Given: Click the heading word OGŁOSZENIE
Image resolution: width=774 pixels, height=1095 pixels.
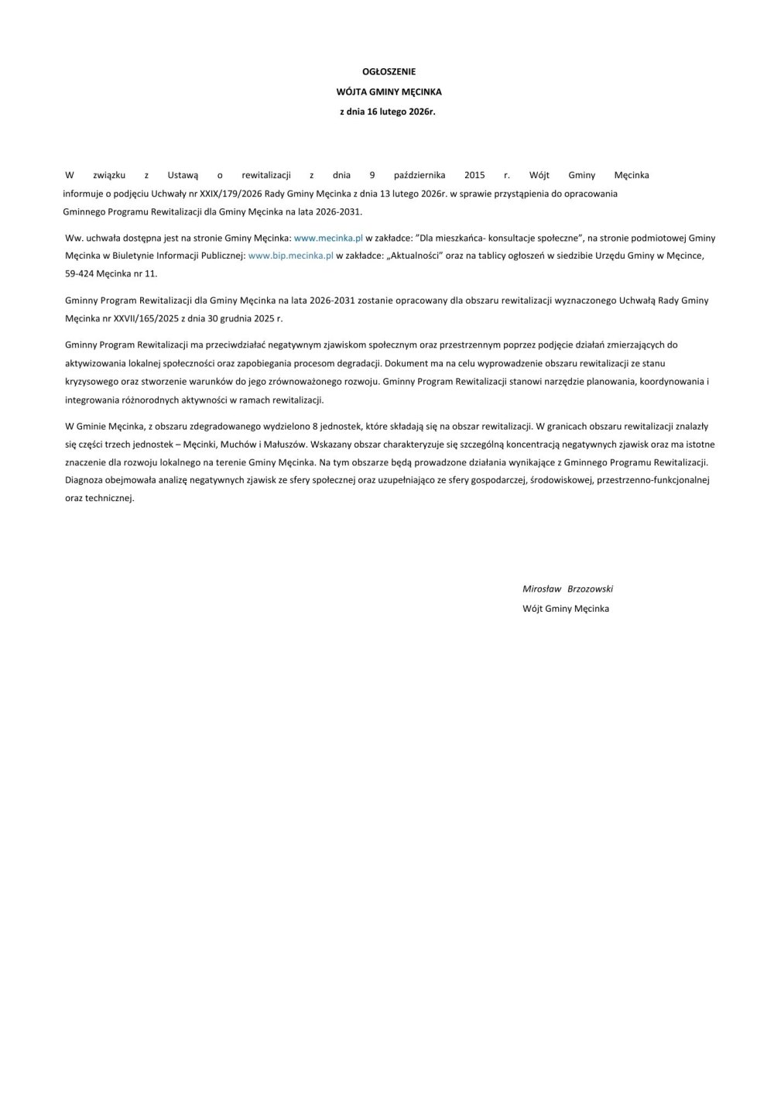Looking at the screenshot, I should click(389, 71).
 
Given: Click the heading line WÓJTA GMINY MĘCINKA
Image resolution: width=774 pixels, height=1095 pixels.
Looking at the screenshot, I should click(389, 91).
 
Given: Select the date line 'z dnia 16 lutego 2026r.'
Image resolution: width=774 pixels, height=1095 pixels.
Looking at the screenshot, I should click(389, 112).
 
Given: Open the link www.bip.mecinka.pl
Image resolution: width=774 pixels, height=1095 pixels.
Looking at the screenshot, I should click(291, 256).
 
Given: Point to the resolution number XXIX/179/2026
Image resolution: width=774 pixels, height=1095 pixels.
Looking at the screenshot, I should click(225, 193).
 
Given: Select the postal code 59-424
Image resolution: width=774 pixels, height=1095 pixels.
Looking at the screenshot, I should click(79, 273).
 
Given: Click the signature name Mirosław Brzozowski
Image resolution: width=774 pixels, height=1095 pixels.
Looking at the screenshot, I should click(567, 589).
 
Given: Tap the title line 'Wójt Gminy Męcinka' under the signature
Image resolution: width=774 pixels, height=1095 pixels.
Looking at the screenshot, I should click(566, 609).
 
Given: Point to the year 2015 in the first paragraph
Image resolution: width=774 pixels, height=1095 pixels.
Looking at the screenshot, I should click(474, 175).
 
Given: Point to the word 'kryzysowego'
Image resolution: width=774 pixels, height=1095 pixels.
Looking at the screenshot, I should click(90, 381).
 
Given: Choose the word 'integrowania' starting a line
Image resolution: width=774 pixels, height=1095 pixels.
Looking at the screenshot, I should click(90, 400).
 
